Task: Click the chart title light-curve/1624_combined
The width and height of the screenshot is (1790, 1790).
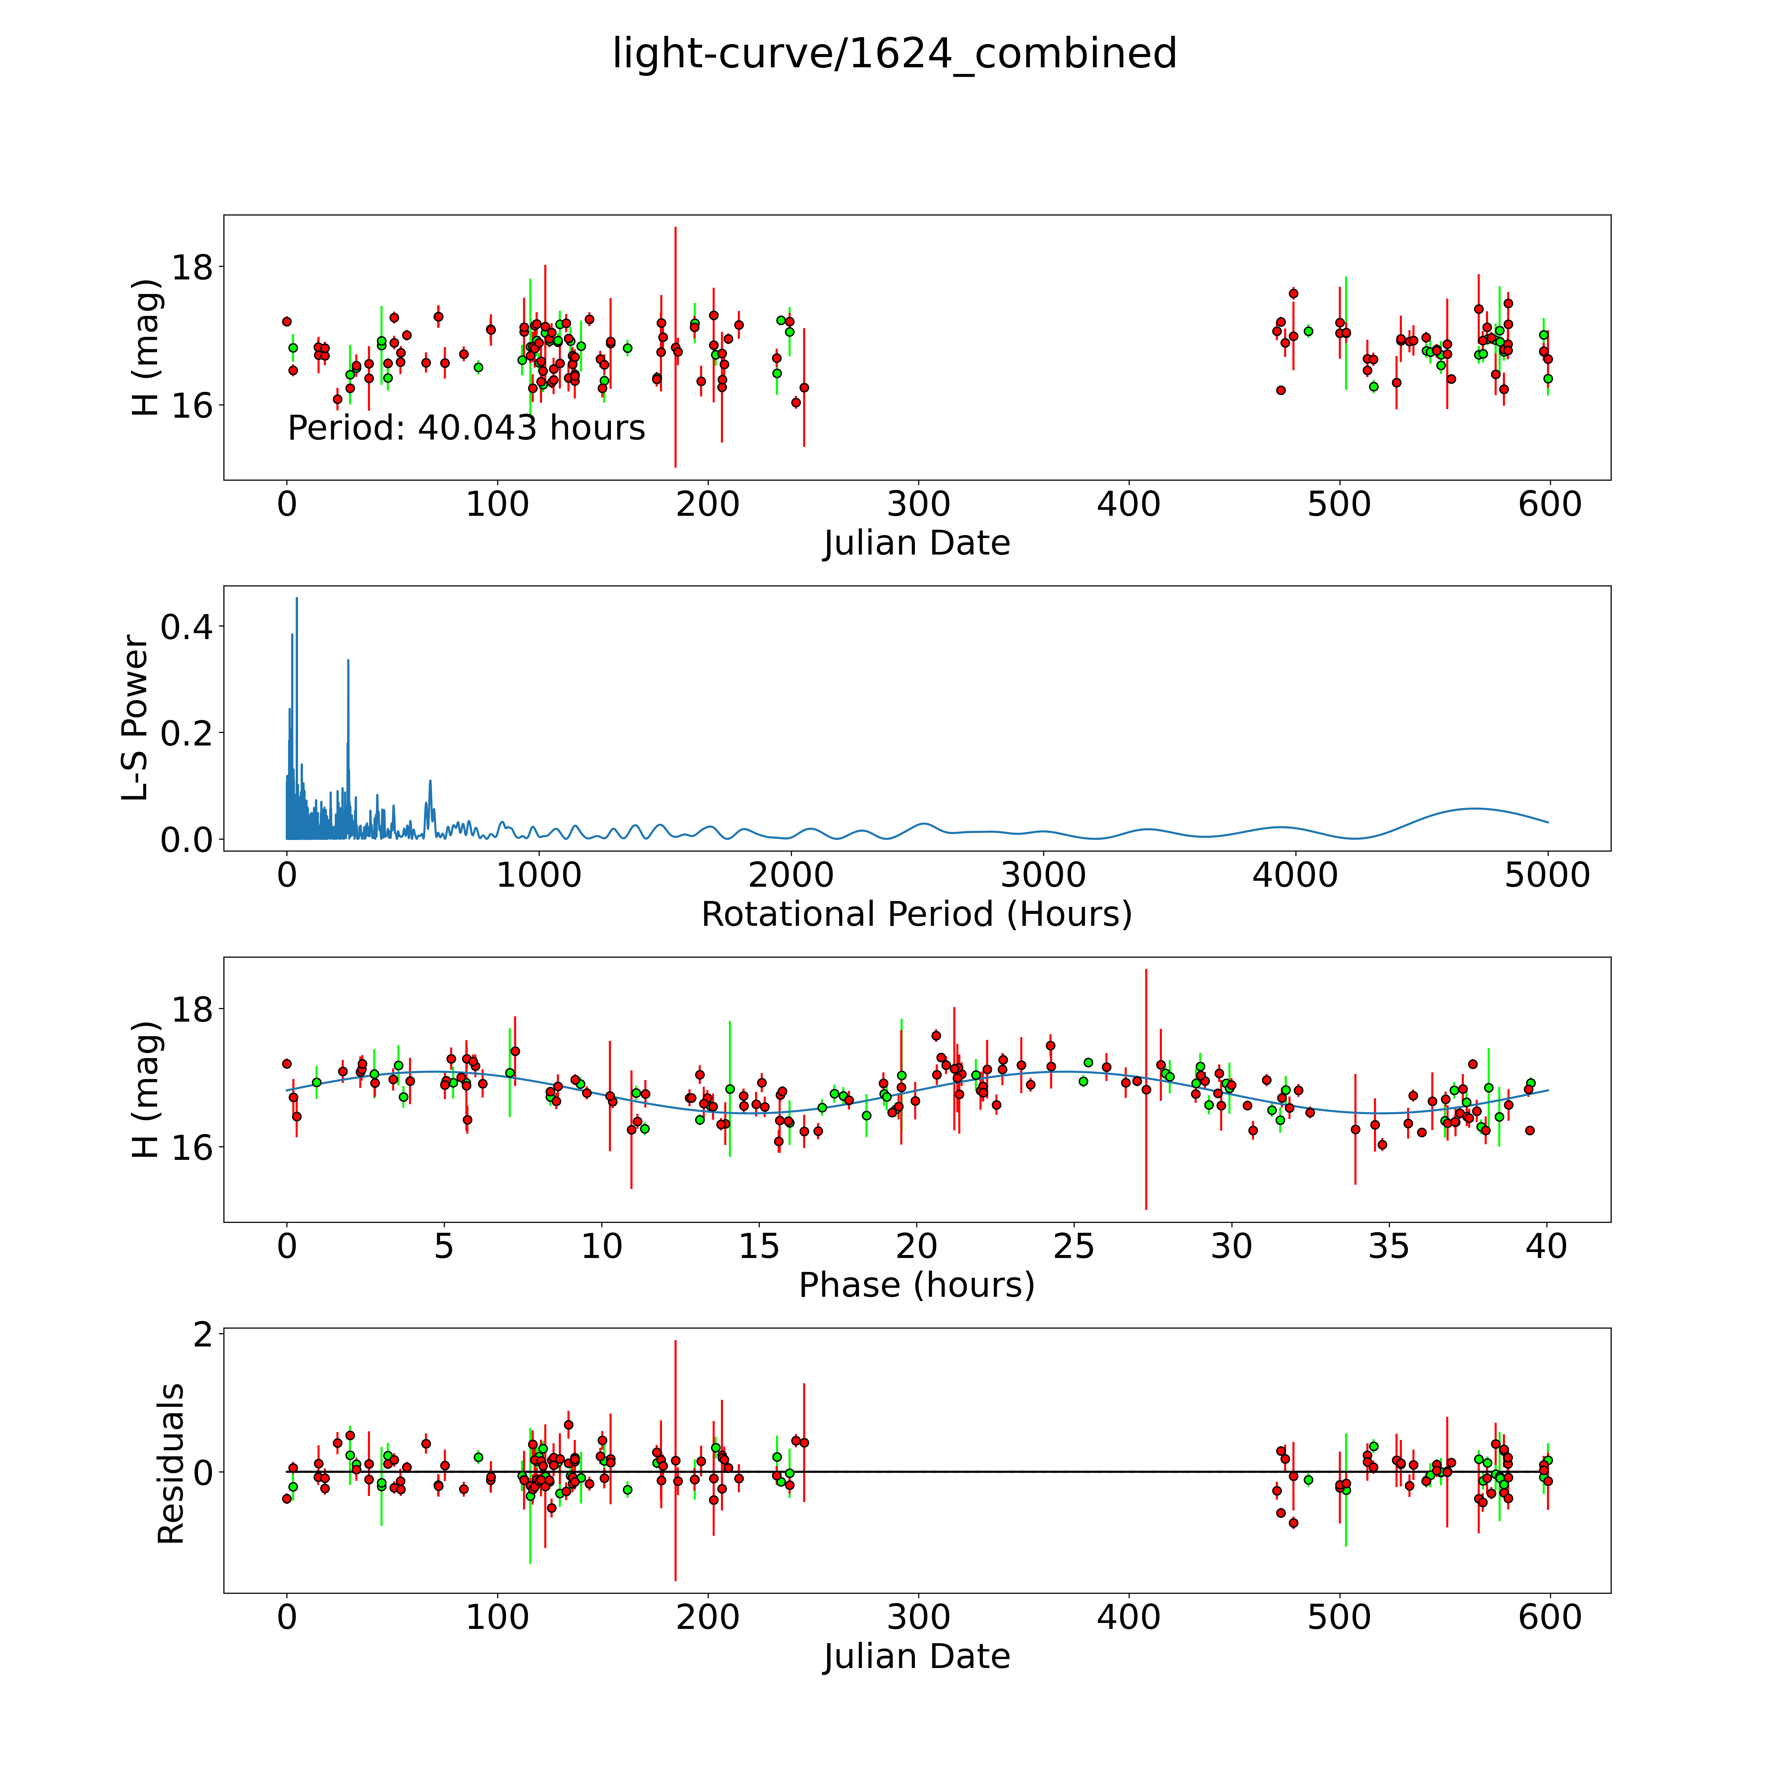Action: click(894, 54)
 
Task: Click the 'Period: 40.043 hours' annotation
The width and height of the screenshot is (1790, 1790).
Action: click(466, 428)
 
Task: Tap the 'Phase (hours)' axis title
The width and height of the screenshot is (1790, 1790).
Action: click(916, 1285)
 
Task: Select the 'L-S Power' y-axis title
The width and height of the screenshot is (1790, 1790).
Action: click(135, 718)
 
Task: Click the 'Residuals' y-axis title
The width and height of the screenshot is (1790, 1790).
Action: click(170, 1464)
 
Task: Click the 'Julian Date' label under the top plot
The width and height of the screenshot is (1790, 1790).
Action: click(916, 543)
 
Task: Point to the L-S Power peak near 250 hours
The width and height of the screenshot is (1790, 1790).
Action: click(347, 661)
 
